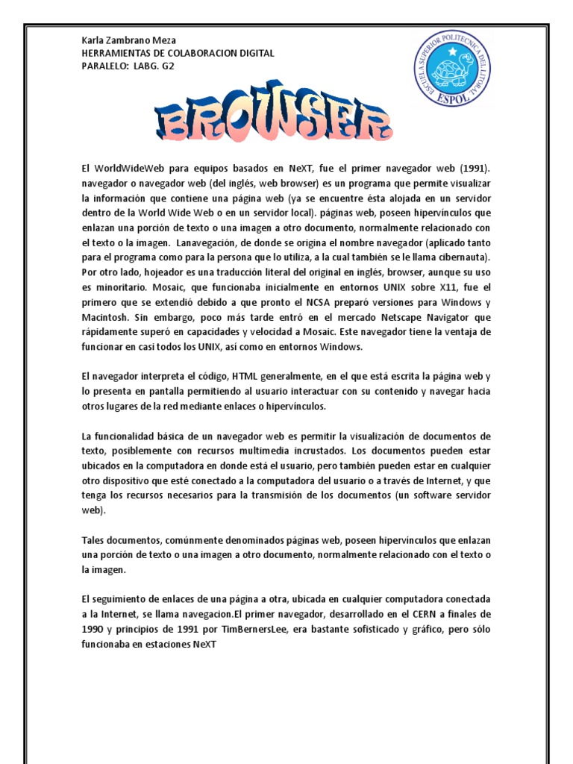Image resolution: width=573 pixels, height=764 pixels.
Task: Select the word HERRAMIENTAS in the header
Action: tap(117, 53)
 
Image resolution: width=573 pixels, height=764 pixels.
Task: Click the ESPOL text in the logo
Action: tap(453, 96)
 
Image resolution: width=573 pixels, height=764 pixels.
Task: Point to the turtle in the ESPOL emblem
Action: tap(453, 72)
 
